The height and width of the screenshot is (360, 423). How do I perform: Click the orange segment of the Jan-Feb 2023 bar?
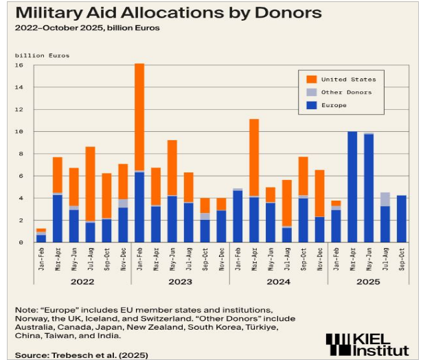point(139,117)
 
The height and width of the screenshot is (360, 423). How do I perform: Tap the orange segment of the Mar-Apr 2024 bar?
point(253,157)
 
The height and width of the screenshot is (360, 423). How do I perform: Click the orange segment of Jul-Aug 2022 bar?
point(90,183)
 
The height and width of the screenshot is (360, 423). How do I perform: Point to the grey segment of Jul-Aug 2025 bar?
point(385,199)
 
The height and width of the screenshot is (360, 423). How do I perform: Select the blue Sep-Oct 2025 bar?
point(402,218)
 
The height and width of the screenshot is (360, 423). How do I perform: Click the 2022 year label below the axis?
point(82,280)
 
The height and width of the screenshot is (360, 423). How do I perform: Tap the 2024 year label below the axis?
point(277,280)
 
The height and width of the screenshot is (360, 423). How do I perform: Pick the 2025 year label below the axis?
point(368,280)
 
